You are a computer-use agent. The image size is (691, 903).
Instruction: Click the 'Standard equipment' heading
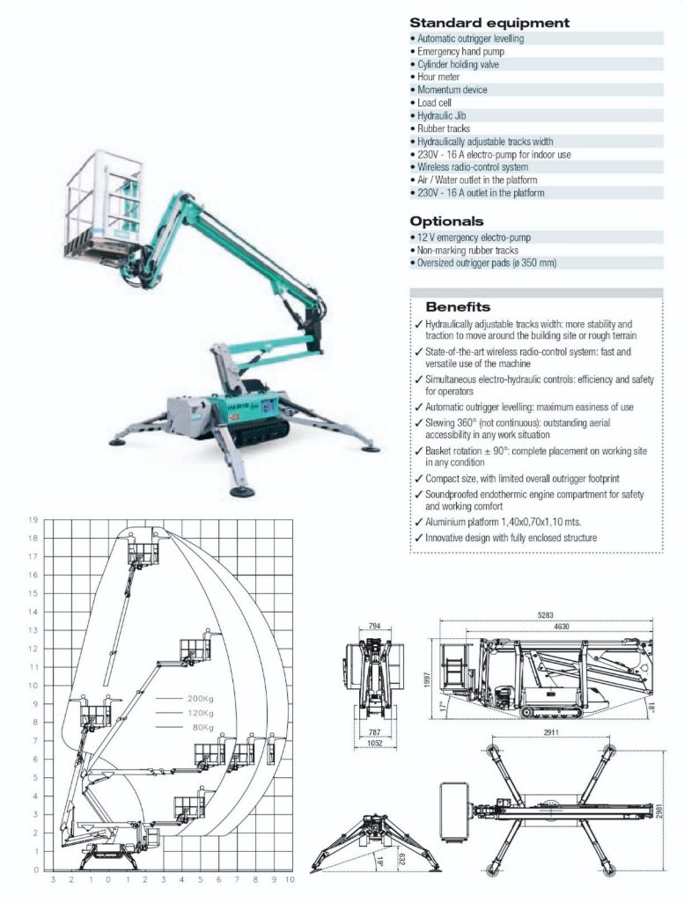(489, 23)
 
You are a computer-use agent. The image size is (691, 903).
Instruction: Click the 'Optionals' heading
(446, 221)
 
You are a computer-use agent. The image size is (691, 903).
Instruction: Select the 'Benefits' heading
(458, 307)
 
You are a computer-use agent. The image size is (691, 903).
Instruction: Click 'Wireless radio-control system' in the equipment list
(472, 167)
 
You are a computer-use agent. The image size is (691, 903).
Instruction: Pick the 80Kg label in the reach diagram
(201, 728)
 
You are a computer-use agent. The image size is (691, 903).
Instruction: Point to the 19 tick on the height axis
(34, 519)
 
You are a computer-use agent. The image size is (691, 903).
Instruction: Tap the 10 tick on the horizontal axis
(290, 879)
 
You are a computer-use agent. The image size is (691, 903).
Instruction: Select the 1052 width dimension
(376, 741)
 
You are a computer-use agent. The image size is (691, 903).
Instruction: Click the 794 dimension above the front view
(376, 627)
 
